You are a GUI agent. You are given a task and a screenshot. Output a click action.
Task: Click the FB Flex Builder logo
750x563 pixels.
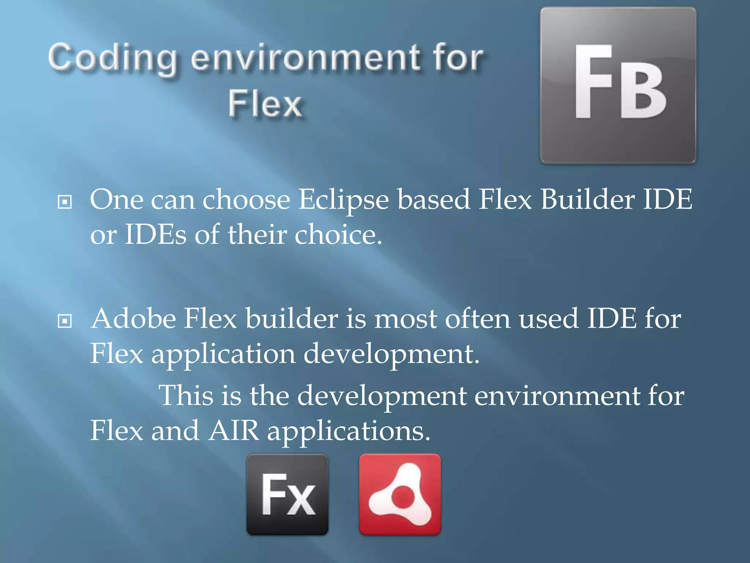click(x=618, y=85)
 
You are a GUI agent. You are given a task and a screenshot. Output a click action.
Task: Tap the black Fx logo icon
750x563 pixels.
click(x=287, y=494)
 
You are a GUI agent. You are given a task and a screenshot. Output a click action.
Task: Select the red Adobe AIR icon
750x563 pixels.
click(x=400, y=494)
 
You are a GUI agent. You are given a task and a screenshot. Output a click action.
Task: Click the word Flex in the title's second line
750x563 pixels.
click(x=266, y=104)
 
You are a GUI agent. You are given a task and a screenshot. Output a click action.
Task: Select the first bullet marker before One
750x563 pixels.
click(x=65, y=202)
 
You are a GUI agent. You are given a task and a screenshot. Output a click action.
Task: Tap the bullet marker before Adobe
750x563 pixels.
click(x=65, y=321)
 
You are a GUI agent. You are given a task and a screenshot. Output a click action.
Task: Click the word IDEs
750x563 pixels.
click(x=156, y=235)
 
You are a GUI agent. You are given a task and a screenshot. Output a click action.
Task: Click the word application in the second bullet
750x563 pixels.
click(x=223, y=355)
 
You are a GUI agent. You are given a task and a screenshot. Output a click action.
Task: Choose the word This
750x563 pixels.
click(x=186, y=396)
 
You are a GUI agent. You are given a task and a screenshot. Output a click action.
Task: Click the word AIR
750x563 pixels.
click(x=234, y=431)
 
